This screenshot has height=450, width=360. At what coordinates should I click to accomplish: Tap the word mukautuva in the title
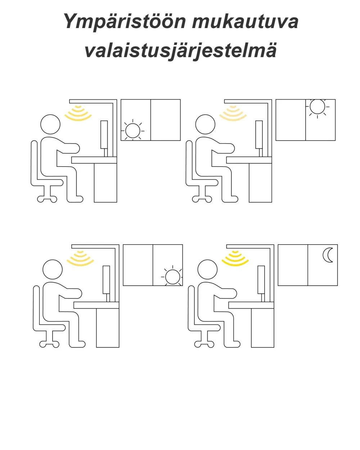click(245, 22)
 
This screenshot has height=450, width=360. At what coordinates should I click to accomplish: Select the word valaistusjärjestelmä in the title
click(181, 50)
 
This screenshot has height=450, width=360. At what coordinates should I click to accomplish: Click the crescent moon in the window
click(328, 255)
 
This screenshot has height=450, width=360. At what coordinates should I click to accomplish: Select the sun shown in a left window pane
click(132, 131)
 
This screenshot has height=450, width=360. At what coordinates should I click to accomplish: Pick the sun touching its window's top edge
click(317, 106)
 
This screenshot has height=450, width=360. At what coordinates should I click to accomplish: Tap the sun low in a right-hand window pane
click(172, 277)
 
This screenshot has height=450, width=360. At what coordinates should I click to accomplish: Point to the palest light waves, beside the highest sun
click(233, 113)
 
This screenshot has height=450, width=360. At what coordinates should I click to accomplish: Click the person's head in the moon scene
click(208, 269)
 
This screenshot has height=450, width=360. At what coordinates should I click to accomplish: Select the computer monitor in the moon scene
click(261, 280)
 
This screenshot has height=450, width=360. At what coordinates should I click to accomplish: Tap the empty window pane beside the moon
click(293, 265)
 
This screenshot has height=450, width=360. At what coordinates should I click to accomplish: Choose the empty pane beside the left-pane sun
click(165, 120)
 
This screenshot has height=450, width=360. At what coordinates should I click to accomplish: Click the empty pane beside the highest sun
click(291, 120)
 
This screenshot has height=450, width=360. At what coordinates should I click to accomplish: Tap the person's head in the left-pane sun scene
click(50, 124)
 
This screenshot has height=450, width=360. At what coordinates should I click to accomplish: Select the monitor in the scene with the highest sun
click(259, 135)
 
